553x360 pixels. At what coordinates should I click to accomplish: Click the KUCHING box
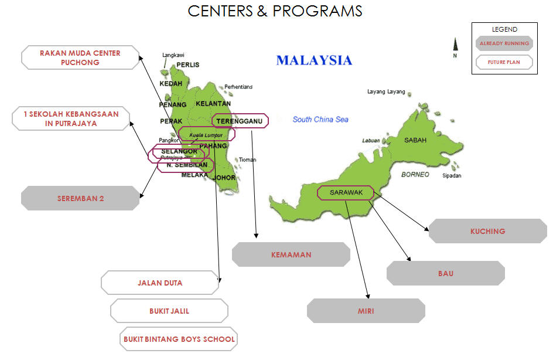pos(487,231)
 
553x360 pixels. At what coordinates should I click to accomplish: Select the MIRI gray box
pos(366,311)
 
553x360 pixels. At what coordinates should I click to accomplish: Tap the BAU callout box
pos(445,273)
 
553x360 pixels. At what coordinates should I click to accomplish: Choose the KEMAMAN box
pos(291,254)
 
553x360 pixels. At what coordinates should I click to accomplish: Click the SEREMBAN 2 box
pos(81,198)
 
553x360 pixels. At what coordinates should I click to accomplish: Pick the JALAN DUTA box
pos(160,283)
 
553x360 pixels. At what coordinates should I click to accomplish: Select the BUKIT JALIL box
pos(169,311)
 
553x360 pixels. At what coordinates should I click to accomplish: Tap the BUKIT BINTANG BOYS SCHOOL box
pos(179,339)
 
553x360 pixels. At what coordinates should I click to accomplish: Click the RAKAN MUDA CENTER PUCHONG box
pos(80,57)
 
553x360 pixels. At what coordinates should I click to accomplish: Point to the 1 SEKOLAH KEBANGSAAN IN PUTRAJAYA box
pos(71,118)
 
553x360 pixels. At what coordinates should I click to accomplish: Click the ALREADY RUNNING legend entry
pos(504,43)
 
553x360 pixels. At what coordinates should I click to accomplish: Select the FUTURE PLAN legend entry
pos(504,62)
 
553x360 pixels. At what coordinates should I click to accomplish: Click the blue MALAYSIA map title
pos(314,60)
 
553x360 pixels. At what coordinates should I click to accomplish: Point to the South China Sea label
pos(320,120)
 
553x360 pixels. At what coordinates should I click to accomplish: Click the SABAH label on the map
pos(415,140)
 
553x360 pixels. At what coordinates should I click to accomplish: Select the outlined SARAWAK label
pos(346,192)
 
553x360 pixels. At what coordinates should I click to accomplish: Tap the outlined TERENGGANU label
pos(240,121)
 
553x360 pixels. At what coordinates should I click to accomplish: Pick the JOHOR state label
pos(224,178)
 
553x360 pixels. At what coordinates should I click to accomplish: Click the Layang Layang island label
pos(386,91)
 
